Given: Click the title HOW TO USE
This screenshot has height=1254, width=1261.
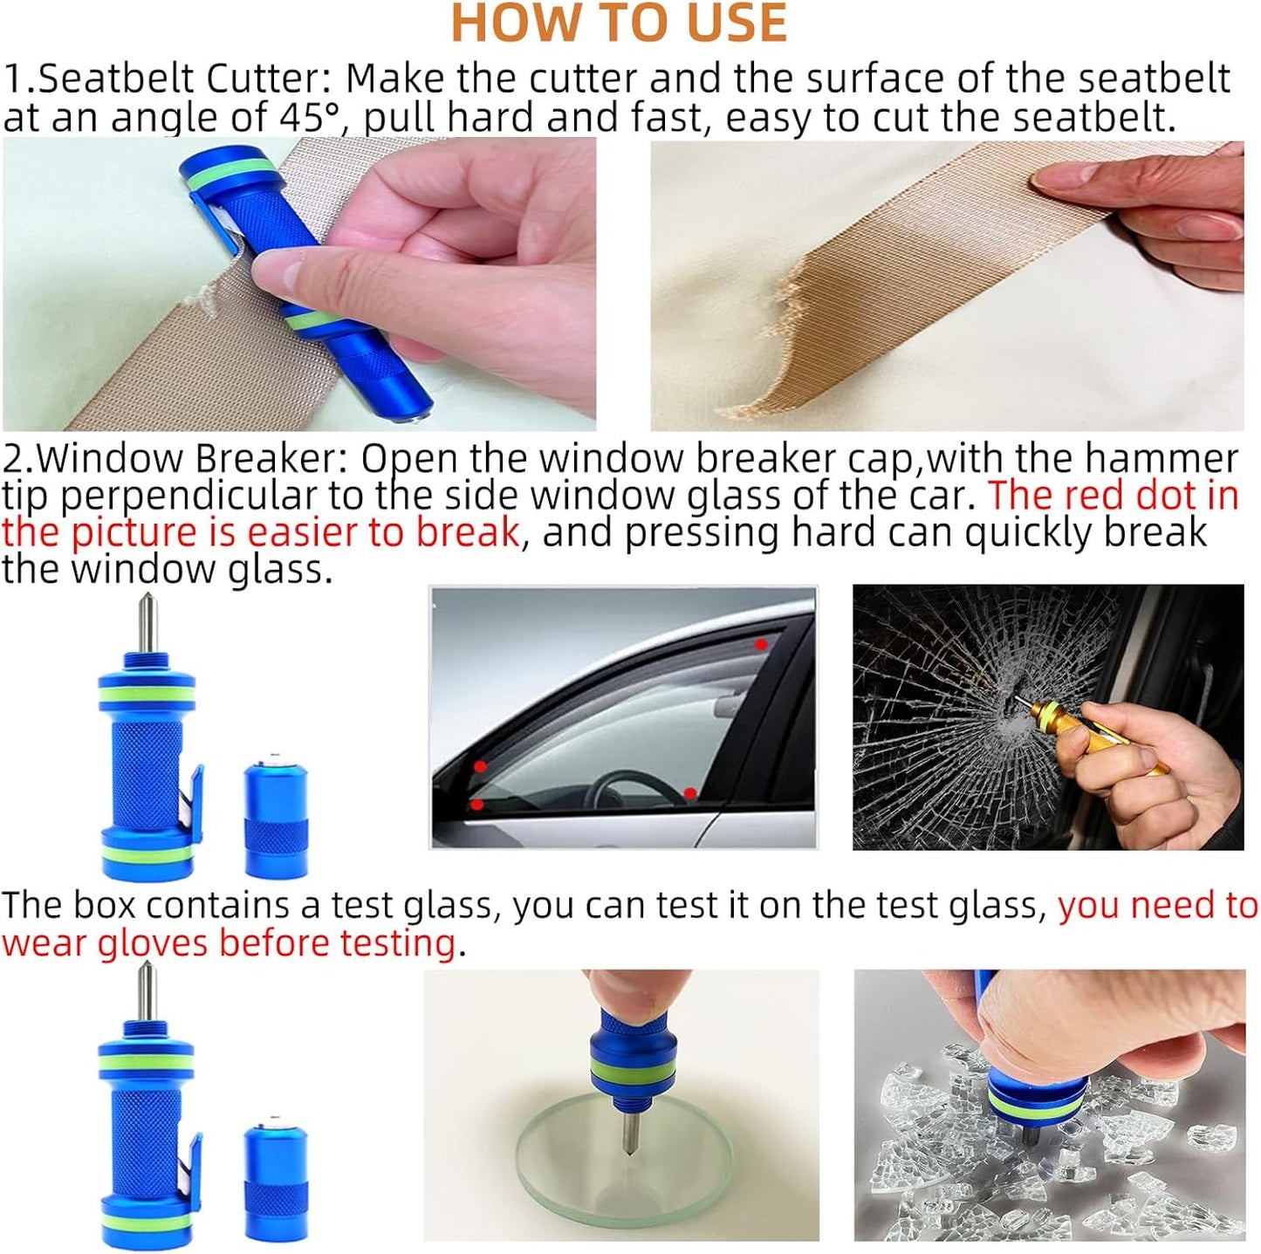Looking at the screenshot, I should [619, 24].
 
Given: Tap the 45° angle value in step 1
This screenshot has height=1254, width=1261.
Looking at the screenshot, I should [309, 117].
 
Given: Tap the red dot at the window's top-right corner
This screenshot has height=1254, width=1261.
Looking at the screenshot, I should [761, 644].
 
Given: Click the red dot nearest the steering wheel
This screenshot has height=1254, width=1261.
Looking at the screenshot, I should [690, 793].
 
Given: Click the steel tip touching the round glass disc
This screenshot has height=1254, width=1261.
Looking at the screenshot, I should [627, 1139].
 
